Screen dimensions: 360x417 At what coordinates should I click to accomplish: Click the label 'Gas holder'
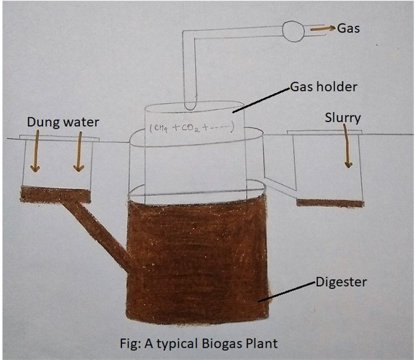[x=323, y=87]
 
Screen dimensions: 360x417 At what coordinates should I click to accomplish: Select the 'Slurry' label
[x=342, y=118]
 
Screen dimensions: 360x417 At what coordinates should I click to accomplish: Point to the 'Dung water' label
[x=63, y=123]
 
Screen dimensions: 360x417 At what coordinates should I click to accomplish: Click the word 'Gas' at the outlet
[x=349, y=28]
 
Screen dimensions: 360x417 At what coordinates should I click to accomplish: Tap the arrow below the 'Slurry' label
[x=349, y=148]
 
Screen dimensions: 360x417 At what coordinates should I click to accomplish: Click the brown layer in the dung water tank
[x=55, y=195]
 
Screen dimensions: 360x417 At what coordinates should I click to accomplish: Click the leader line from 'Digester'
[x=289, y=292]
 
